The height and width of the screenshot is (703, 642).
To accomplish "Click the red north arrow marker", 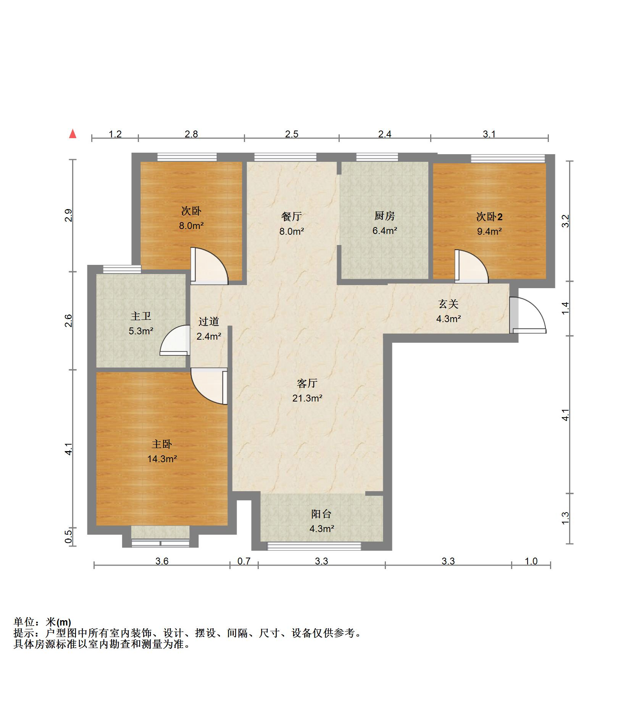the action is pyautogui.click(x=73, y=134).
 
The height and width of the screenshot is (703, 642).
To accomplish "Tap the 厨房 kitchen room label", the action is pyautogui.click(x=384, y=216).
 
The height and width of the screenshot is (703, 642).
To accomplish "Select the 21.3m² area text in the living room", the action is pyautogui.click(x=307, y=398).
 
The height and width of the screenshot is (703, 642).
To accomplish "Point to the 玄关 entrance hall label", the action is pyautogui.click(x=448, y=304).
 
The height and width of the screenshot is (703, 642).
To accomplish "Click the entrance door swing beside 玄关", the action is pyautogui.click(x=529, y=315).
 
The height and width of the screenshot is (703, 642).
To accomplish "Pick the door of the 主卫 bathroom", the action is pyautogui.click(x=175, y=340).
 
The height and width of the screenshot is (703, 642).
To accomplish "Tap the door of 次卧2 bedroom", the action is pyautogui.click(x=471, y=266).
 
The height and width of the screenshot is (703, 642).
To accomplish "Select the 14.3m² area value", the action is pyautogui.click(x=162, y=459).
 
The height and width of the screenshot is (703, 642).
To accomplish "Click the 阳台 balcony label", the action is pyautogui.click(x=321, y=514).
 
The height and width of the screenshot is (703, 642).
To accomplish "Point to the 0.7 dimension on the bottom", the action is pyautogui.click(x=244, y=561).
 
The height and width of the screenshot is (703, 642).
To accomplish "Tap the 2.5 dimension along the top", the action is pyautogui.click(x=292, y=134).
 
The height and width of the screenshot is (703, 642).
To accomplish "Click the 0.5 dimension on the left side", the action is pyautogui.click(x=68, y=537).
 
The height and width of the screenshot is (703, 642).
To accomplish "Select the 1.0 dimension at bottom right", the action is pyautogui.click(x=531, y=561).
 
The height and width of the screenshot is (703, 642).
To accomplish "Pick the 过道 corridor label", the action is pyautogui.click(x=208, y=321).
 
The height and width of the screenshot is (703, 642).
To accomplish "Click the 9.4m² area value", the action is pyautogui.click(x=489, y=231).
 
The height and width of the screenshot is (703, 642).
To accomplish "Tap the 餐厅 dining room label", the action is pyautogui.click(x=291, y=216).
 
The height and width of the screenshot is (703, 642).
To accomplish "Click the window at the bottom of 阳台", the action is pyautogui.click(x=314, y=546).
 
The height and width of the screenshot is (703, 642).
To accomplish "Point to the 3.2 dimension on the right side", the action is pyautogui.click(x=566, y=221).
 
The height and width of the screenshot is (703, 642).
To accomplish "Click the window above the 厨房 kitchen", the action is pyautogui.click(x=377, y=157).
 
